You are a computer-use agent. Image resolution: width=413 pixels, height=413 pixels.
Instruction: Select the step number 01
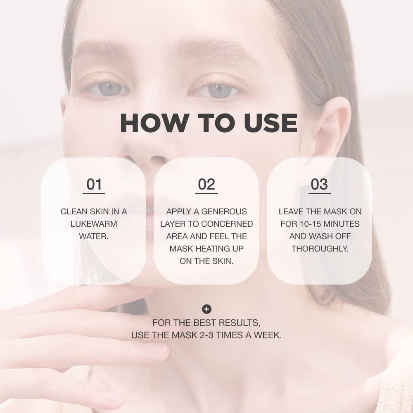94,185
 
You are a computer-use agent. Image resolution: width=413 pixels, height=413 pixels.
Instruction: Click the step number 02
206,185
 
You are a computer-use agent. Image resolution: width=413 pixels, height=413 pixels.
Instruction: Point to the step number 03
319,185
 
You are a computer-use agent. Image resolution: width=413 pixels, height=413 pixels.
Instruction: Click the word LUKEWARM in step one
94,224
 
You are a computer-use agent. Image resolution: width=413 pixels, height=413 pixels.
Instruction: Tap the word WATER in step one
93,236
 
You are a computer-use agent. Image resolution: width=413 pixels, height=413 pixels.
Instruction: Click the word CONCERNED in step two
228,224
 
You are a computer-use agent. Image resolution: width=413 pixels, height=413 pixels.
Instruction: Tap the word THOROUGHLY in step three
320,249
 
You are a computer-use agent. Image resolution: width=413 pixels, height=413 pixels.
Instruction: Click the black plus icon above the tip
206,309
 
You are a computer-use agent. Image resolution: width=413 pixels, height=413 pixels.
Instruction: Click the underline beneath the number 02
206,193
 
